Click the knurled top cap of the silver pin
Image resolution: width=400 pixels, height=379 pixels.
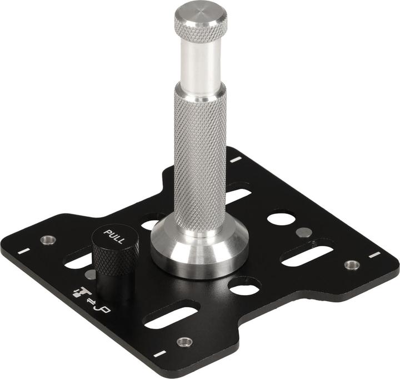pyautogui.click(x=201, y=23)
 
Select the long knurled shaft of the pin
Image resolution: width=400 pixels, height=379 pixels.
pyautogui.click(x=201, y=156)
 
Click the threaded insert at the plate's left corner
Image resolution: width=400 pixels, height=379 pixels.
pyautogui.click(x=48, y=240)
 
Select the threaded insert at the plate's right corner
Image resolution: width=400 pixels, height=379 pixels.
pyautogui.click(x=351, y=265)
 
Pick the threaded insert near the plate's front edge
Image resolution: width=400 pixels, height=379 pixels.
pyautogui.click(x=184, y=341)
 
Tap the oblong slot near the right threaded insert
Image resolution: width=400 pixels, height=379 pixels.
pyautogui.click(x=307, y=255)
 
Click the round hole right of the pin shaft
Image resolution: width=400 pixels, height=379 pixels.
pyautogui.click(x=281, y=217)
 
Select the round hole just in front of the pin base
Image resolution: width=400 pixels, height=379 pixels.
pyautogui.click(x=244, y=286)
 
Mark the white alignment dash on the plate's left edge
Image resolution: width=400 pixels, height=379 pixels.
pyautogui.click(x=23, y=251)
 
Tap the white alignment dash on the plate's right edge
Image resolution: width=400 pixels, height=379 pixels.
pyautogui.click(x=375, y=255)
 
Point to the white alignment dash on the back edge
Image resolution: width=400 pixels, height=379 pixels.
pyautogui.click(x=236, y=159)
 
